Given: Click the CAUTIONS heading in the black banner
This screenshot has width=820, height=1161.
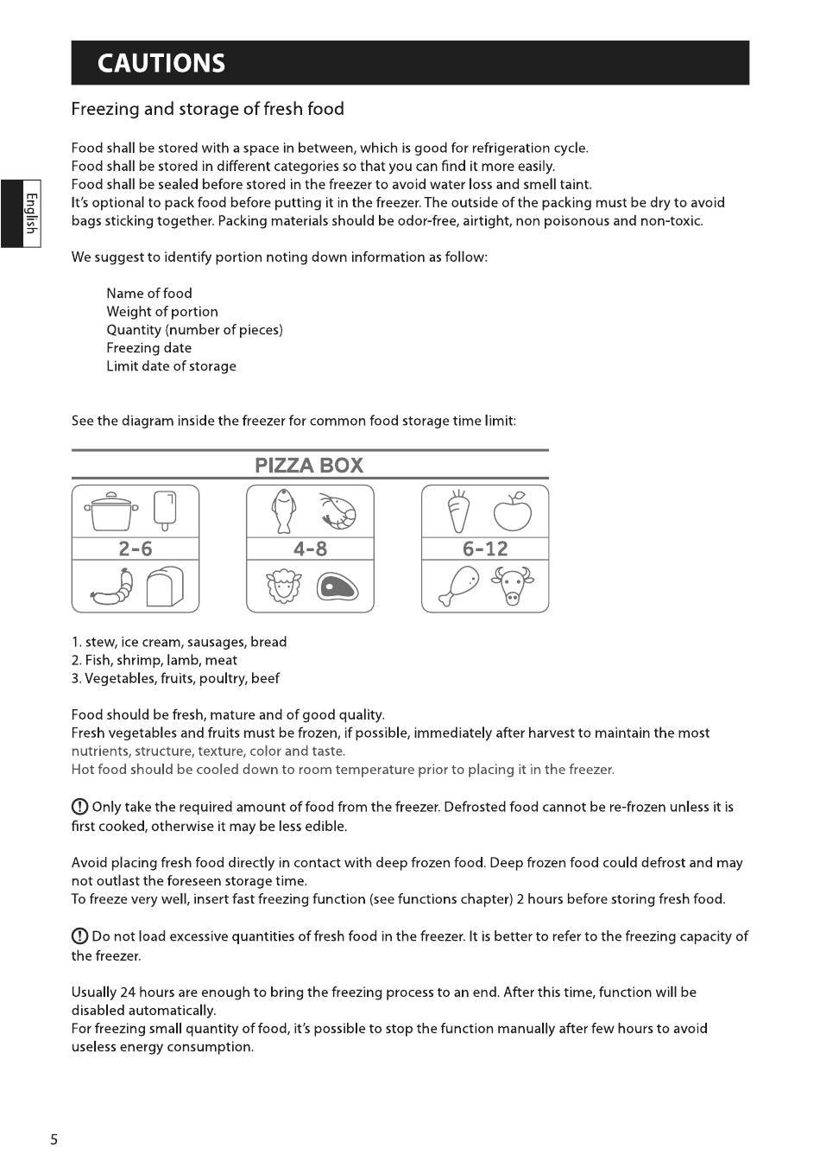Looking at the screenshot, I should pos(161,63).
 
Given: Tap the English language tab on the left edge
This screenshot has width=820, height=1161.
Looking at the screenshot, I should pos(30,213).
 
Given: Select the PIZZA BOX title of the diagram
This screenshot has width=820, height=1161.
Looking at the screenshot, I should pos(309,466).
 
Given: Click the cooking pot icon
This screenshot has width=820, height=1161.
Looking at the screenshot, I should pos(111,511).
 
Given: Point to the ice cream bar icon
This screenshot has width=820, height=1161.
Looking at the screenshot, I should pos(165,511).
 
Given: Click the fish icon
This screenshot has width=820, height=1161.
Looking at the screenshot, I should pos(282,511).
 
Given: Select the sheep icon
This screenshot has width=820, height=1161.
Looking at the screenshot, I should pos(282,587).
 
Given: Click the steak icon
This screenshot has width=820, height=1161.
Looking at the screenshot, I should pos(337,587).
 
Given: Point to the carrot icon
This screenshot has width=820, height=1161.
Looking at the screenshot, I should pos(458,511).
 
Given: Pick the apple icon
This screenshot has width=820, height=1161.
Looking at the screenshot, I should pos(513,511).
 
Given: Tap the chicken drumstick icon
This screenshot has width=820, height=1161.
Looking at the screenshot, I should pos(458,587).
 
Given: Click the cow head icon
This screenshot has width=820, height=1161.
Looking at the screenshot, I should pos(513,587).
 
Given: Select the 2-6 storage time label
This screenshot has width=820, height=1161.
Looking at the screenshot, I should pos(136,549).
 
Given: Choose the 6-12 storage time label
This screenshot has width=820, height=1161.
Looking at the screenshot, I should pos(485,549).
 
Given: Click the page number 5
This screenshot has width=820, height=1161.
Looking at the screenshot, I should pos(54,1139).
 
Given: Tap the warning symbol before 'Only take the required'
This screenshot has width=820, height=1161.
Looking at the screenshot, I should pos(79,808).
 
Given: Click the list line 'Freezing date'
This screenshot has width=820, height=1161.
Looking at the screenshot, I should pos(148,348).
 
